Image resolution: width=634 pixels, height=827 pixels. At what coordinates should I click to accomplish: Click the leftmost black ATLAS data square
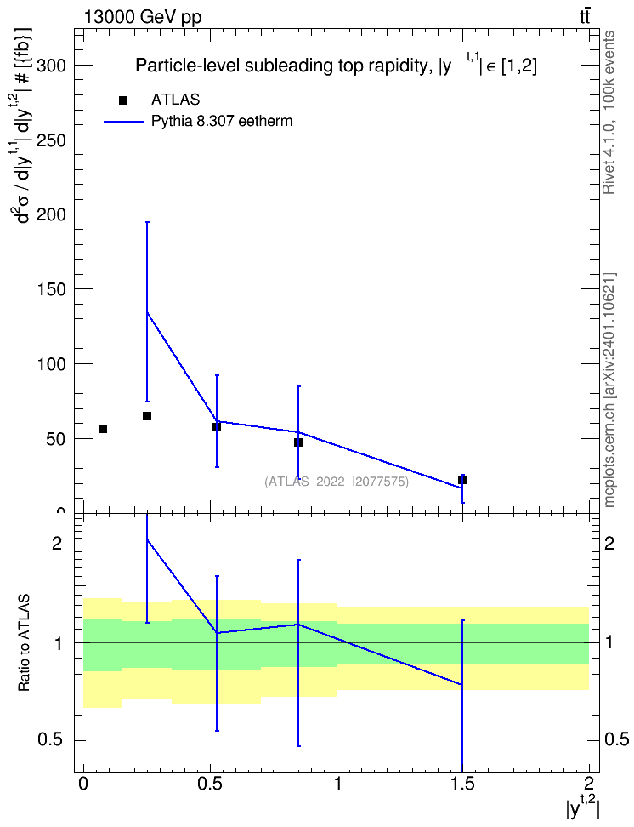[x=103, y=429]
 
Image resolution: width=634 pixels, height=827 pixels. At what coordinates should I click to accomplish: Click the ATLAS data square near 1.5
[x=462, y=479]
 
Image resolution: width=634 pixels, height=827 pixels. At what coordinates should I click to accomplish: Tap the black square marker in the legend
[x=123, y=100]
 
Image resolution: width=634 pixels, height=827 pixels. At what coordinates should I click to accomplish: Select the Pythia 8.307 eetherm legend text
[x=221, y=122]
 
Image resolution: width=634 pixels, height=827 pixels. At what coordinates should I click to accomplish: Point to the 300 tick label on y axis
[x=51, y=66]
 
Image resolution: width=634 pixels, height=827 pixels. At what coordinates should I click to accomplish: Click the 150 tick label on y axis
[x=51, y=289]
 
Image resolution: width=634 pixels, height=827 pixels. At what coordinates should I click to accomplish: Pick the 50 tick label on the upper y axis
[x=56, y=439]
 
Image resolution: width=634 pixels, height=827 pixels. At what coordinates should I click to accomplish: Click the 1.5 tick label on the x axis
[x=462, y=784]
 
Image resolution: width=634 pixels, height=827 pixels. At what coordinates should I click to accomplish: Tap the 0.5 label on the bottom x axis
[x=211, y=784]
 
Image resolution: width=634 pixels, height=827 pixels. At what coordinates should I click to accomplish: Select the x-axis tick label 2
[x=589, y=784]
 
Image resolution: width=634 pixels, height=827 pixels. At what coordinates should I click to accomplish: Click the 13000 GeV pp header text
[x=143, y=18]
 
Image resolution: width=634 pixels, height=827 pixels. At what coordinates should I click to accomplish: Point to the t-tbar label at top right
[x=585, y=17]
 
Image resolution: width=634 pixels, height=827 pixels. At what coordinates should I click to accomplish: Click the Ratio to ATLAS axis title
[x=24, y=643]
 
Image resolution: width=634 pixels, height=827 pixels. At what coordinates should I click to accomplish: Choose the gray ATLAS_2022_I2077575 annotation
[x=337, y=482]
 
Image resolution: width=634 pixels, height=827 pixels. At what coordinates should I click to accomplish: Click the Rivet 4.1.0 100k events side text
[x=609, y=112]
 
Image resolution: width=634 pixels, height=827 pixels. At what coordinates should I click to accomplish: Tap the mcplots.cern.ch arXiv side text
[x=609, y=391]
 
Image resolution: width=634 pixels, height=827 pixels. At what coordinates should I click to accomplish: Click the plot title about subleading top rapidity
[x=337, y=66]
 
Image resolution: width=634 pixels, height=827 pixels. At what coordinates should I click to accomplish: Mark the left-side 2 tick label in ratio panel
[x=56, y=543]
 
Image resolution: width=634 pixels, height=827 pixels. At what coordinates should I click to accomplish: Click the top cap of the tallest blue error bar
[x=147, y=222]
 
